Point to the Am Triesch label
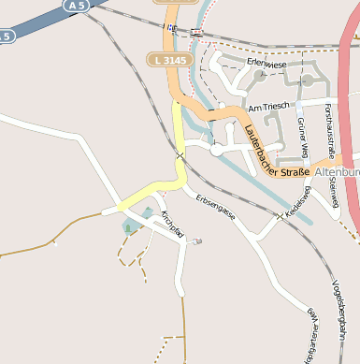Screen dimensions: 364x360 click(265, 107)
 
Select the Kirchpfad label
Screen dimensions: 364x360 click(172, 223)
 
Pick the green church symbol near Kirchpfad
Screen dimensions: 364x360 click(128, 227)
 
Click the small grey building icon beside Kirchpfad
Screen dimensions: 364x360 click(196, 241)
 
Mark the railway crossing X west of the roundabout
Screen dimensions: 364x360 click(180, 153)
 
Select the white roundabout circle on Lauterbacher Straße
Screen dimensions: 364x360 click(217, 148)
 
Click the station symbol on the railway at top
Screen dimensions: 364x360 click(194, 32)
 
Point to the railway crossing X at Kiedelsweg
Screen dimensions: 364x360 click(279, 216)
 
